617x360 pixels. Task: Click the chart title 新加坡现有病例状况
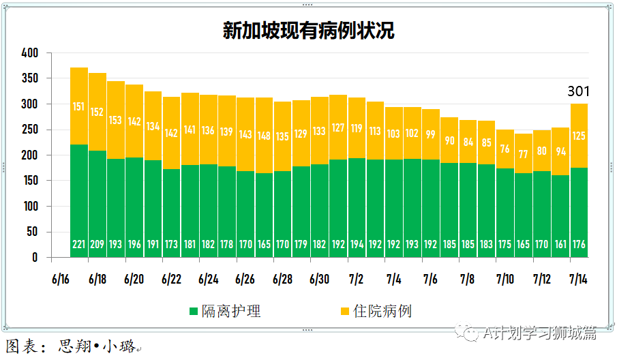point(308,31)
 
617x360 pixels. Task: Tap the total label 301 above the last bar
point(579,91)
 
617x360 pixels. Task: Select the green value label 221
point(79,244)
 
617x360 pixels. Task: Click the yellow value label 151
point(79,106)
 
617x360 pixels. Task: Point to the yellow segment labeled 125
point(579,136)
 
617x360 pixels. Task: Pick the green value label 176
point(579,244)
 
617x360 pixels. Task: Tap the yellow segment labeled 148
point(265,135)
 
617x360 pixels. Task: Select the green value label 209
point(97,244)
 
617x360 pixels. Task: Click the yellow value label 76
point(505,149)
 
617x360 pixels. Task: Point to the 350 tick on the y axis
point(30,78)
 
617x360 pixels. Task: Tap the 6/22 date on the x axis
point(171,280)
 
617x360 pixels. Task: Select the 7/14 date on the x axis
point(579,280)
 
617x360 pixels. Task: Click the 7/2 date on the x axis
point(356,280)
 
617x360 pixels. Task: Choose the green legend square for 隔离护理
point(194,312)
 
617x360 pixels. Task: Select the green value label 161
point(560,244)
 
